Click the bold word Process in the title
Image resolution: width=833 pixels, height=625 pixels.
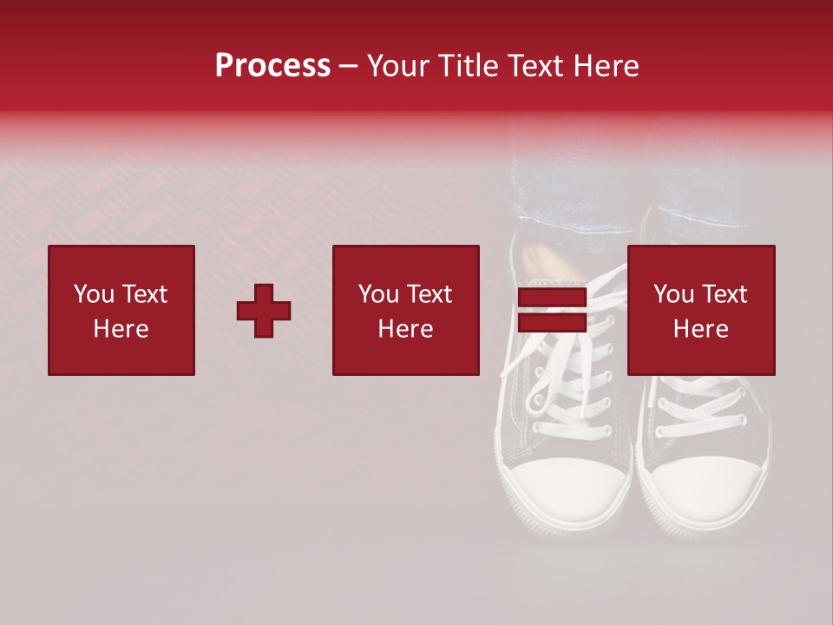point(272,66)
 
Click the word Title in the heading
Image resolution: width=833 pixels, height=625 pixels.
point(468,66)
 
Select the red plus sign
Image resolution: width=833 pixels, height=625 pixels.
point(264,311)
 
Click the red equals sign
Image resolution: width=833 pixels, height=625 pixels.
point(552,311)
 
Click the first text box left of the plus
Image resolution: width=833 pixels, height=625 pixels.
point(121,310)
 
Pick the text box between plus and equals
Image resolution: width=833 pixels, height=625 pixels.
point(406,310)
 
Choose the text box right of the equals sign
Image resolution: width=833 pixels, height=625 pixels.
point(701,310)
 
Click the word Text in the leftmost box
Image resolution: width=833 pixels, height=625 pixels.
point(144,294)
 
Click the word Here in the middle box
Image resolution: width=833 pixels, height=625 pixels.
point(406,329)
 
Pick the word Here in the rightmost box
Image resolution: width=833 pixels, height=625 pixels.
point(701,329)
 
